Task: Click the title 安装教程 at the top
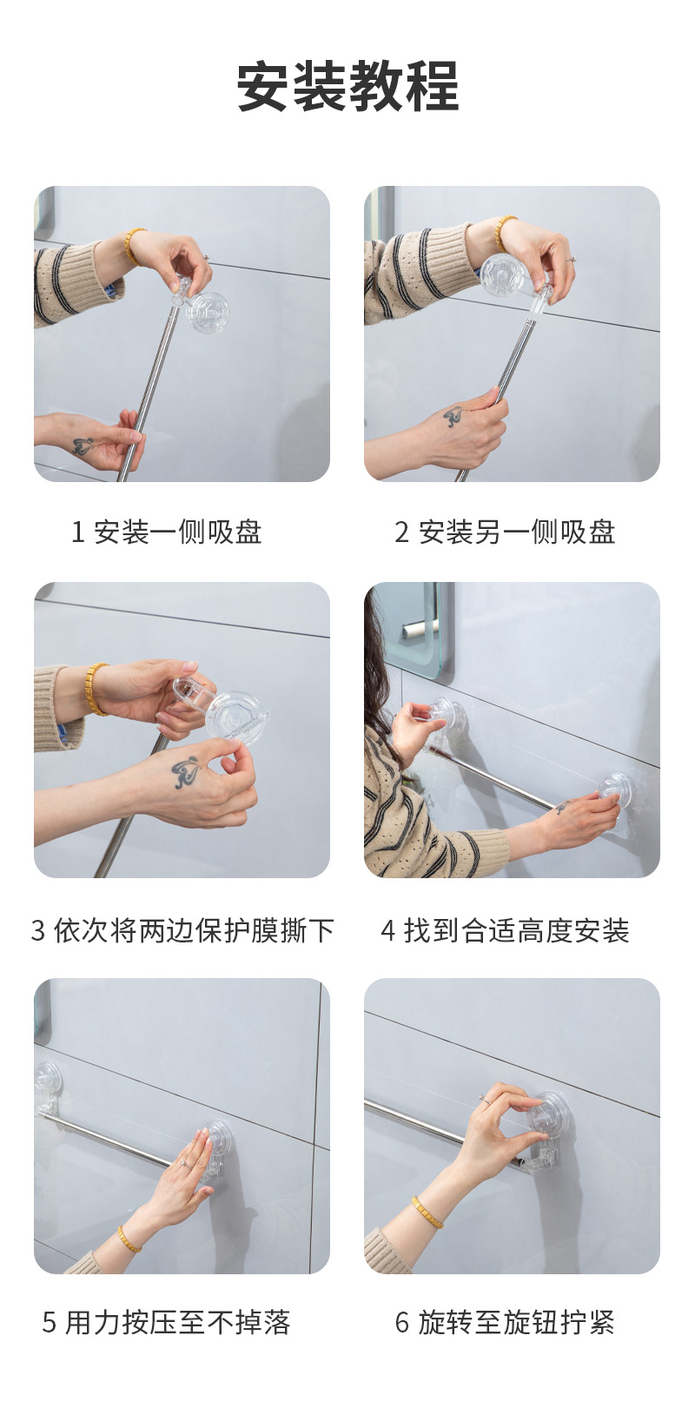[x=347, y=86]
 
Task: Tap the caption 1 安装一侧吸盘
[x=167, y=532]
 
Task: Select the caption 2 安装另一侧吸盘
[x=505, y=532]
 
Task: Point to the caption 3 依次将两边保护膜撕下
[x=182, y=930]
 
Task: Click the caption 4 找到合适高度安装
[x=505, y=930]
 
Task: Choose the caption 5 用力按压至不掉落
[x=167, y=1321]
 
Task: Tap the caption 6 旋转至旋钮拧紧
[x=505, y=1321]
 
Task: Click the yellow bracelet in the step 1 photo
[x=133, y=246]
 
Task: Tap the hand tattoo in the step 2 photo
[x=454, y=416]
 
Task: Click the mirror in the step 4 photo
[x=411, y=628]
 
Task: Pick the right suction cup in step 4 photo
[x=615, y=790]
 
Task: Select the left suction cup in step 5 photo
[x=48, y=1079]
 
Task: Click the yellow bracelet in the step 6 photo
[x=427, y=1211]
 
